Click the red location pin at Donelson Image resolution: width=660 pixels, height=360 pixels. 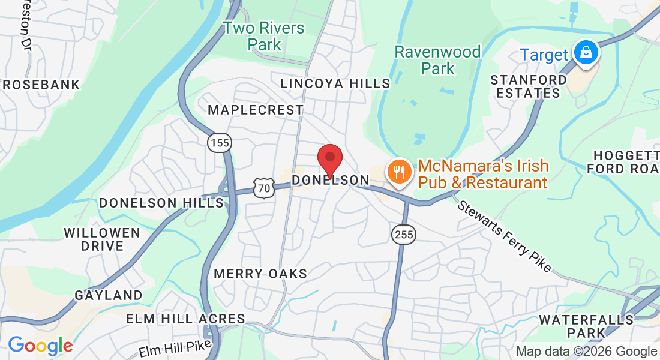tap(329, 158)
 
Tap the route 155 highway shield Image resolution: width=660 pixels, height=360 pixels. tap(220, 143)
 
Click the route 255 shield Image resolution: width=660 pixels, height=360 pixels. tap(404, 234)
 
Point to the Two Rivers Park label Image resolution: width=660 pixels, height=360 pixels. tap(264, 36)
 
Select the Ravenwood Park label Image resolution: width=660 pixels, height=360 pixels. tap(437, 60)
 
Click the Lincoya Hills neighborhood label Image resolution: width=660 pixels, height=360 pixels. tap(335, 83)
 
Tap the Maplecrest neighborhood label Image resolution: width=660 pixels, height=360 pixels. tap(256, 110)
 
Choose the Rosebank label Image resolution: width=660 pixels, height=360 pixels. tap(41, 85)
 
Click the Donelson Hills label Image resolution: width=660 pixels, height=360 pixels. tap(161, 203)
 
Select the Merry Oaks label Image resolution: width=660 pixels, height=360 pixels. tap(260, 274)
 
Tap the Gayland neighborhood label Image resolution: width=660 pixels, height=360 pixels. tap(109, 295)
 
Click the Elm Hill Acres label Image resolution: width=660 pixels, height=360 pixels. tap(185, 319)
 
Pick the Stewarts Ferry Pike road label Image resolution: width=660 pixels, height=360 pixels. tap(504, 236)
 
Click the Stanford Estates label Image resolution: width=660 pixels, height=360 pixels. tap(529, 86)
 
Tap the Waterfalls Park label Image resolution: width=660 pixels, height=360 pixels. tap(587, 326)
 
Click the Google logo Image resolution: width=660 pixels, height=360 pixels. tap(40, 346)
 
